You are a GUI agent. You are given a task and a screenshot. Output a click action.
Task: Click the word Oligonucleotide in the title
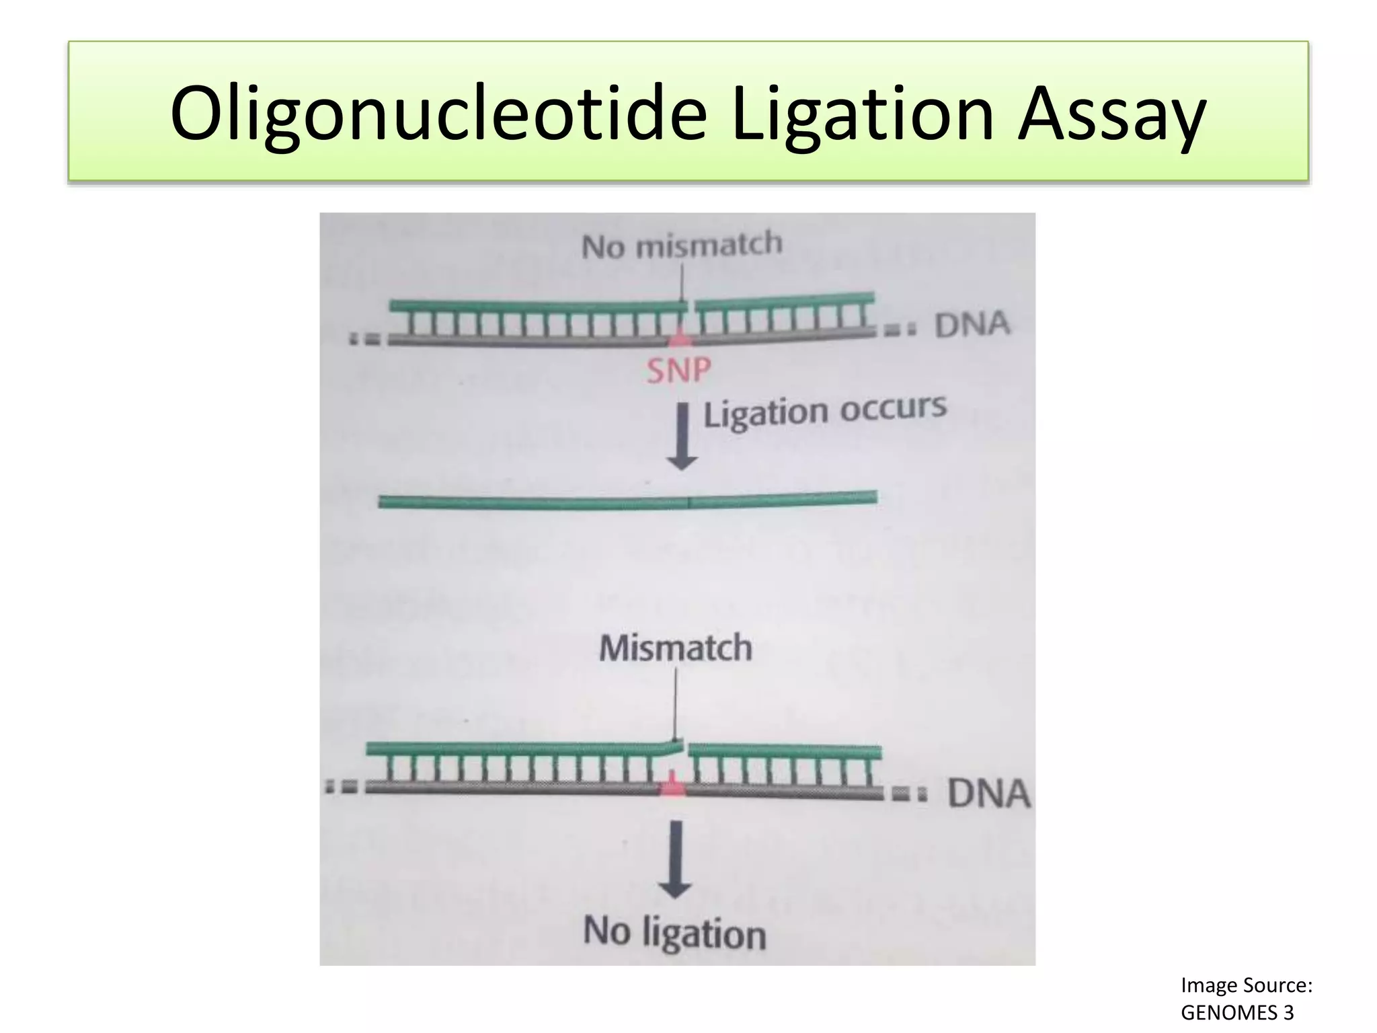(x=438, y=113)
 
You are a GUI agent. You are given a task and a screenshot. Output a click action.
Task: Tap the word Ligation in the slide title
(x=862, y=113)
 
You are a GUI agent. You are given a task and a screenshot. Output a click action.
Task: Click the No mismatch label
(x=682, y=245)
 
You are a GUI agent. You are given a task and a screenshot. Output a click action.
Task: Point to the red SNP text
(x=678, y=371)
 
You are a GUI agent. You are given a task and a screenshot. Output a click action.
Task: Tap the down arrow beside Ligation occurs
(x=682, y=436)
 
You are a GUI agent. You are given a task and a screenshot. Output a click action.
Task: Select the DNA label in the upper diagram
(x=972, y=325)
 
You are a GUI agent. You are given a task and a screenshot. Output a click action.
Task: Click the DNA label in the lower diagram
(x=988, y=794)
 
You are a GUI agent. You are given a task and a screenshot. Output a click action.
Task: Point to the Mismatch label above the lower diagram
(x=675, y=648)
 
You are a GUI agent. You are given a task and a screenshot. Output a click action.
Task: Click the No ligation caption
(x=674, y=933)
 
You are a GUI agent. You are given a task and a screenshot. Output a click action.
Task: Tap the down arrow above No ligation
(x=675, y=859)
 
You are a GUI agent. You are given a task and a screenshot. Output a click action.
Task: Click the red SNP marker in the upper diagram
(x=680, y=338)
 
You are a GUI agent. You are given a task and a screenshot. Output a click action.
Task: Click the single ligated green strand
(x=627, y=501)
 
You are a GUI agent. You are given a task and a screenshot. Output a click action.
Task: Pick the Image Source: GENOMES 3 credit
(x=1246, y=999)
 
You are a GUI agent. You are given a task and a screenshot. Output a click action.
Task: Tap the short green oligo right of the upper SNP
(x=784, y=300)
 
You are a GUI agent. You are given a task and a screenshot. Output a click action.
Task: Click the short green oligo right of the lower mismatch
(x=785, y=751)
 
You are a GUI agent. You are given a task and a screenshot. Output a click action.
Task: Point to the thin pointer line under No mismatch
(x=682, y=282)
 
